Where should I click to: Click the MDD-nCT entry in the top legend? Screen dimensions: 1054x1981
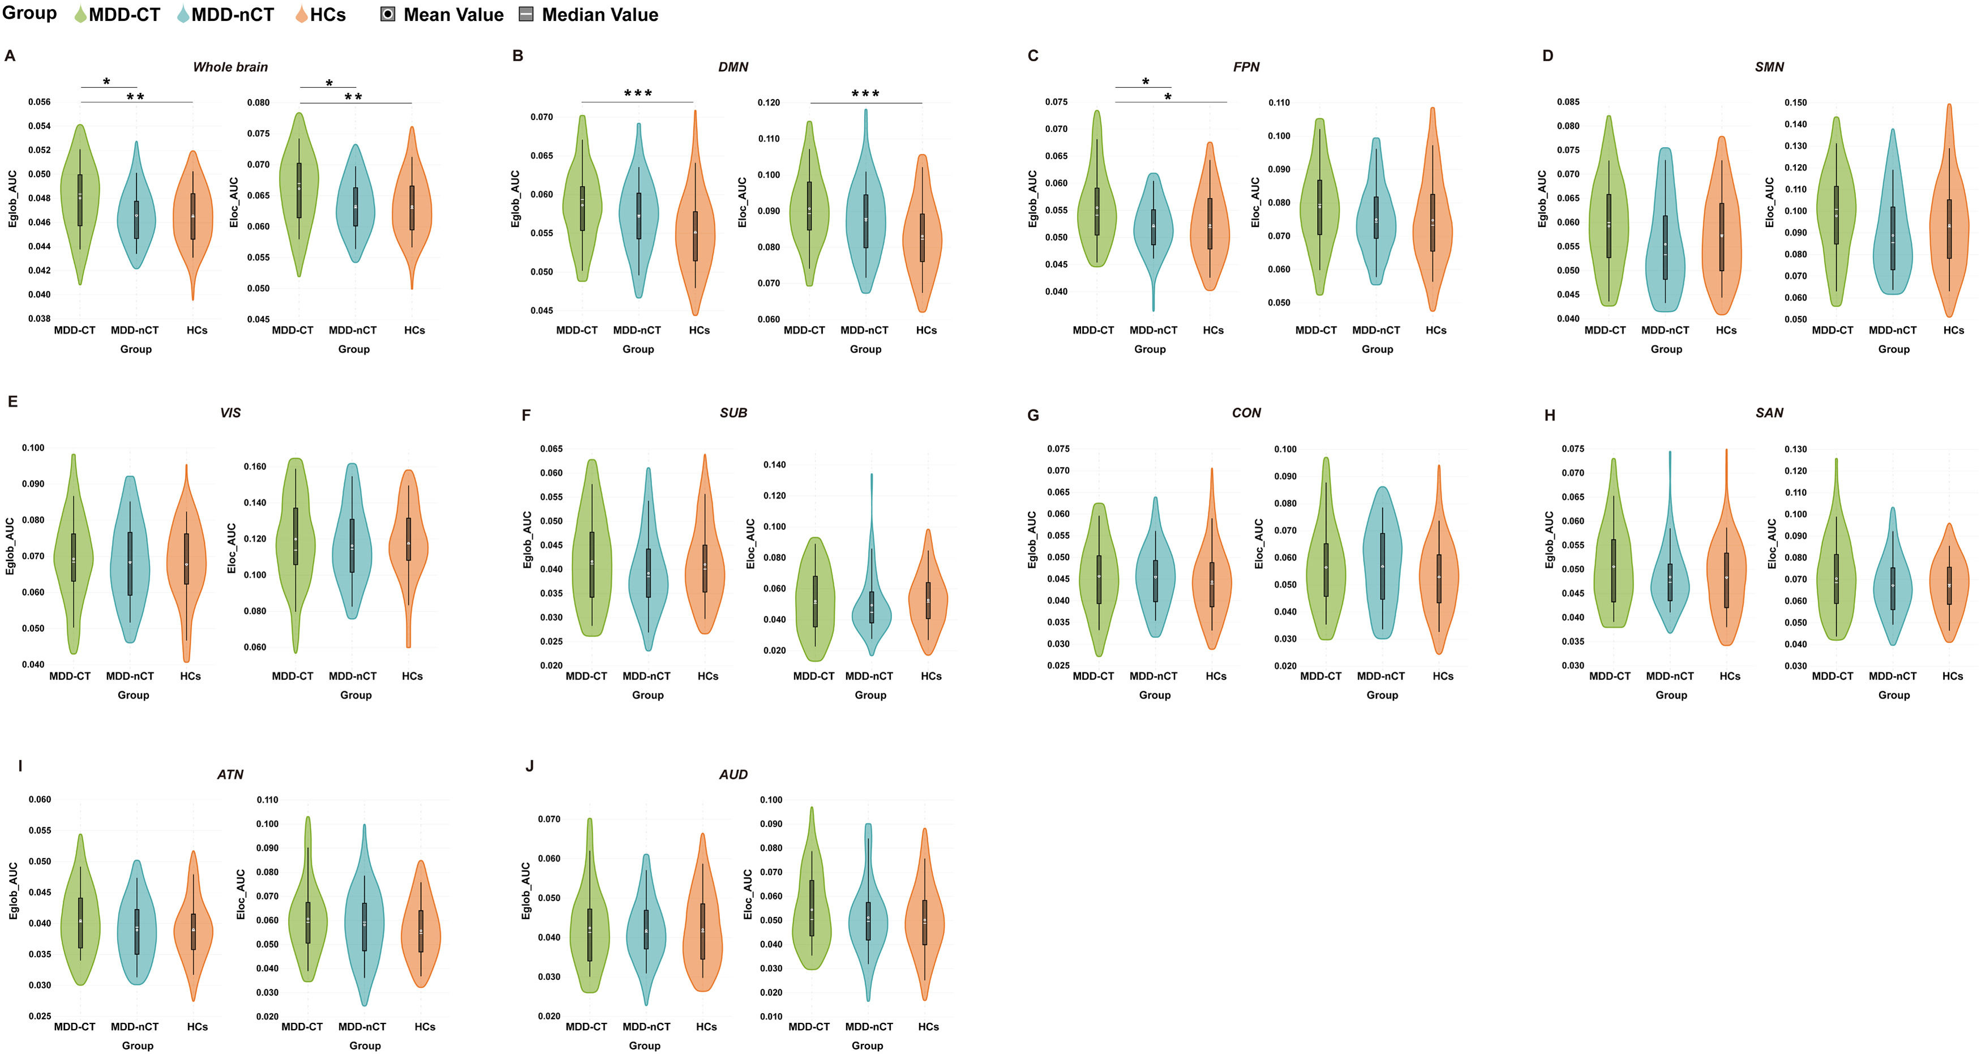[231, 15]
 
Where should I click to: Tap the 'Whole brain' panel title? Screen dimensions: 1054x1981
[230, 67]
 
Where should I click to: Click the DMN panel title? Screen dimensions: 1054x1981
[733, 67]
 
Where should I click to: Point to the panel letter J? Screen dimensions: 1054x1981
[529, 766]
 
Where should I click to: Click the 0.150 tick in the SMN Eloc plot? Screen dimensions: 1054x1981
[1796, 102]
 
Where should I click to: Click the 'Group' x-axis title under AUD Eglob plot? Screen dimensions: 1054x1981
[645, 1046]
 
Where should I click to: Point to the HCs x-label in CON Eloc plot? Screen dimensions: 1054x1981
[1443, 676]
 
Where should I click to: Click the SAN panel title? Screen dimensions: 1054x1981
[1769, 413]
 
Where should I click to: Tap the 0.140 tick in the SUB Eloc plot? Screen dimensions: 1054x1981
[774, 465]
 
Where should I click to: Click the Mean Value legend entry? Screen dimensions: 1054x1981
[453, 15]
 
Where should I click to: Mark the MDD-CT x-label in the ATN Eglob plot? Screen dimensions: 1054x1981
[75, 1027]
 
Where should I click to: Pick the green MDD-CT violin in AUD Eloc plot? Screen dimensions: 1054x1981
[811, 908]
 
